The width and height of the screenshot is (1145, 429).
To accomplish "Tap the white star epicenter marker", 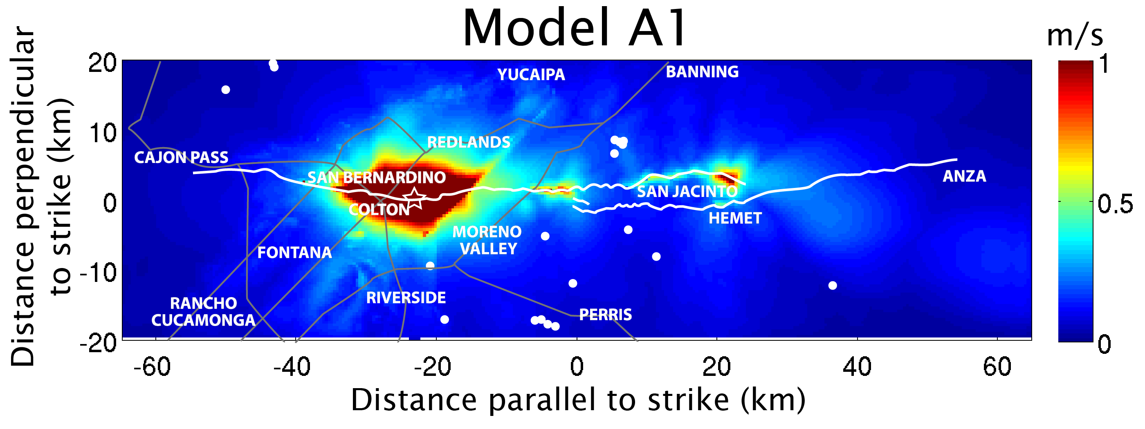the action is pyautogui.click(x=414, y=198).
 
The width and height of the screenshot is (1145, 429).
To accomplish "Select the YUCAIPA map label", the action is pyautogui.click(x=531, y=75).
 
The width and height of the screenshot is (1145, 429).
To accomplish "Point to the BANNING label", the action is pyautogui.click(x=702, y=71).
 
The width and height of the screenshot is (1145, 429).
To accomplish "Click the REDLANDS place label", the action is pyautogui.click(x=469, y=142).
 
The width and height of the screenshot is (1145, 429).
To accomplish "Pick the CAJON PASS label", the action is pyautogui.click(x=181, y=157).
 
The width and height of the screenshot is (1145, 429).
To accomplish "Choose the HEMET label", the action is pyautogui.click(x=735, y=218).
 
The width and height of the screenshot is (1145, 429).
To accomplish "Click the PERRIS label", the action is pyautogui.click(x=605, y=315).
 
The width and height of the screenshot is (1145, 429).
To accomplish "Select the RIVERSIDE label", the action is pyautogui.click(x=406, y=297).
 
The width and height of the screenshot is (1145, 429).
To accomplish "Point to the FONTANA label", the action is pyautogui.click(x=295, y=252).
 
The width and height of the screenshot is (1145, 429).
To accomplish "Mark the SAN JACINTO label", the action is pyautogui.click(x=687, y=191).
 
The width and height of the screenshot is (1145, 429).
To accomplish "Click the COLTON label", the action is pyautogui.click(x=379, y=210).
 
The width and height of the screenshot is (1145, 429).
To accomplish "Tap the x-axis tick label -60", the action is pyautogui.click(x=152, y=367).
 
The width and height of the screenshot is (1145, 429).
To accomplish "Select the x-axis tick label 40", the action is pyautogui.click(x=857, y=367).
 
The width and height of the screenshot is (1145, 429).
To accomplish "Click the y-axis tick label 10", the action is pyautogui.click(x=103, y=133).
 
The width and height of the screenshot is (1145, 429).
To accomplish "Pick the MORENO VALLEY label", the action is pyautogui.click(x=487, y=240).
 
